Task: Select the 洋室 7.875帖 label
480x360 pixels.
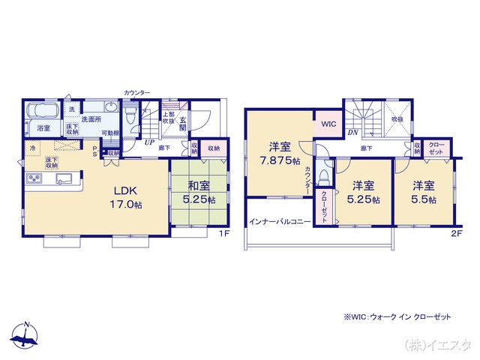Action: [x=275, y=154]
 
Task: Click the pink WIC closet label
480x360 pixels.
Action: [x=328, y=124]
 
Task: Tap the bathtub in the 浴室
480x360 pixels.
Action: [x=43, y=112]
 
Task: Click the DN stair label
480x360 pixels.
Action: [x=352, y=133]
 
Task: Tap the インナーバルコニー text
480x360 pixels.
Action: [x=280, y=222]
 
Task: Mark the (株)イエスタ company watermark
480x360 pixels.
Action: [x=437, y=345]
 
